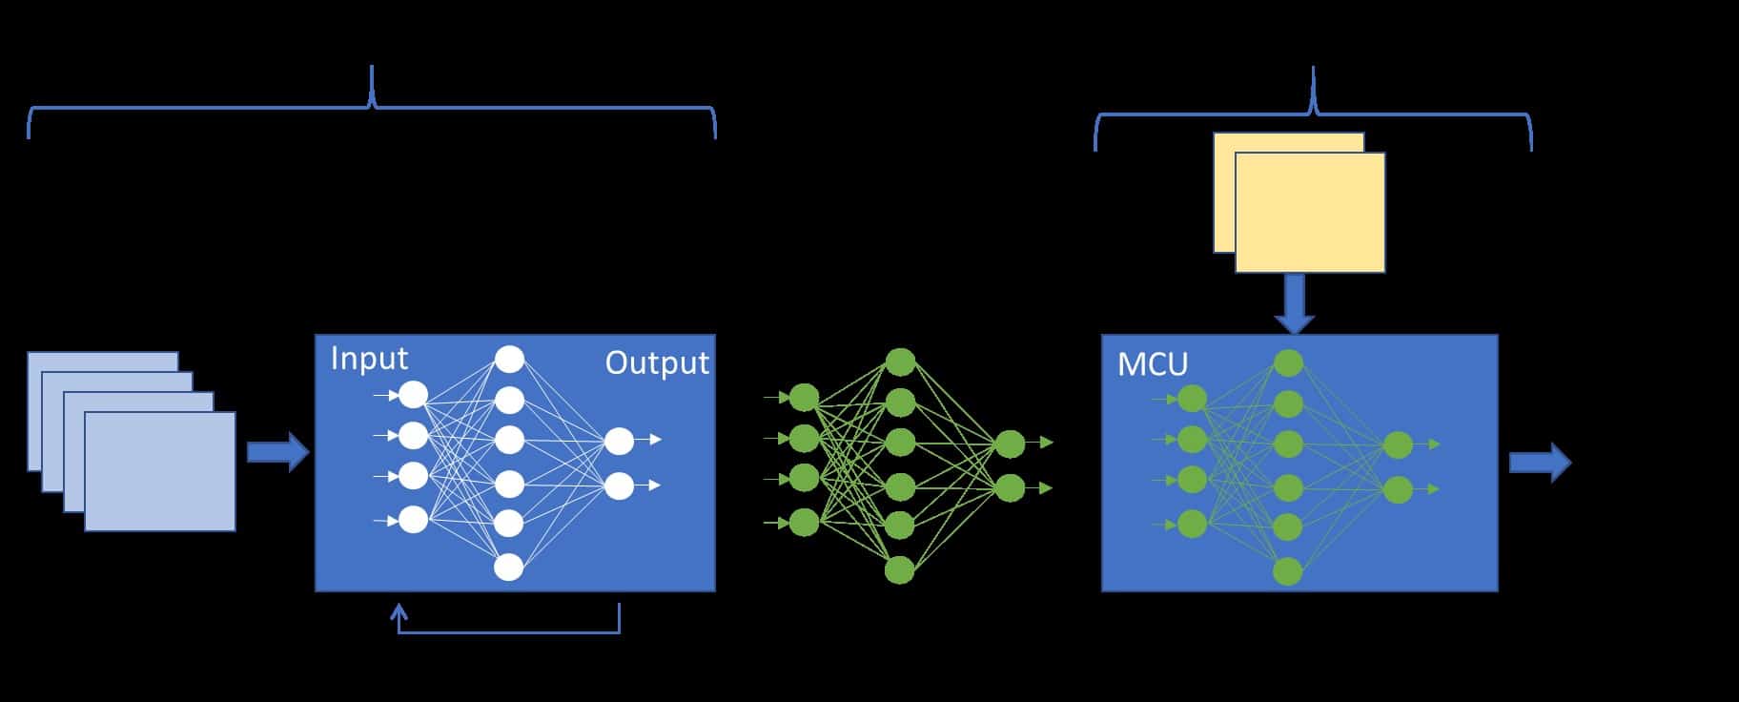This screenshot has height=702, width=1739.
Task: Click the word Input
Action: [x=369, y=359]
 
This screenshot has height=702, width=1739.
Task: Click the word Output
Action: [x=657, y=363]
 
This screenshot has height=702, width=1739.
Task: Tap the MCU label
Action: [x=1153, y=364]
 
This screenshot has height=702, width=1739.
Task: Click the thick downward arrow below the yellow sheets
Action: [x=1295, y=303]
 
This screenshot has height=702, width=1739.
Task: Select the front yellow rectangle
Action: [x=1310, y=213]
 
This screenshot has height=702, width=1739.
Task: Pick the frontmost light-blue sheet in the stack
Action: [x=159, y=471]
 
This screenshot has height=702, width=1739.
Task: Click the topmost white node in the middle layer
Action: [x=509, y=360]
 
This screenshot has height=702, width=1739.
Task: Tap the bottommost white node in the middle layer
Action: [x=509, y=568]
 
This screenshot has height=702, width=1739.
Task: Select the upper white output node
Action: [x=619, y=441]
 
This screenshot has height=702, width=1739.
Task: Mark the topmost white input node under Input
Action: [x=413, y=394]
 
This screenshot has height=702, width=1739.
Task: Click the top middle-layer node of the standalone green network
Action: [x=900, y=362]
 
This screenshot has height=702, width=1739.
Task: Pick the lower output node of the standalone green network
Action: [x=1009, y=487]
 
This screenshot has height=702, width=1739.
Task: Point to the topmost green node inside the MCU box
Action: [x=1288, y=362]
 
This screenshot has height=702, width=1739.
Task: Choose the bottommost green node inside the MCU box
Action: [x=1287, y=571]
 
